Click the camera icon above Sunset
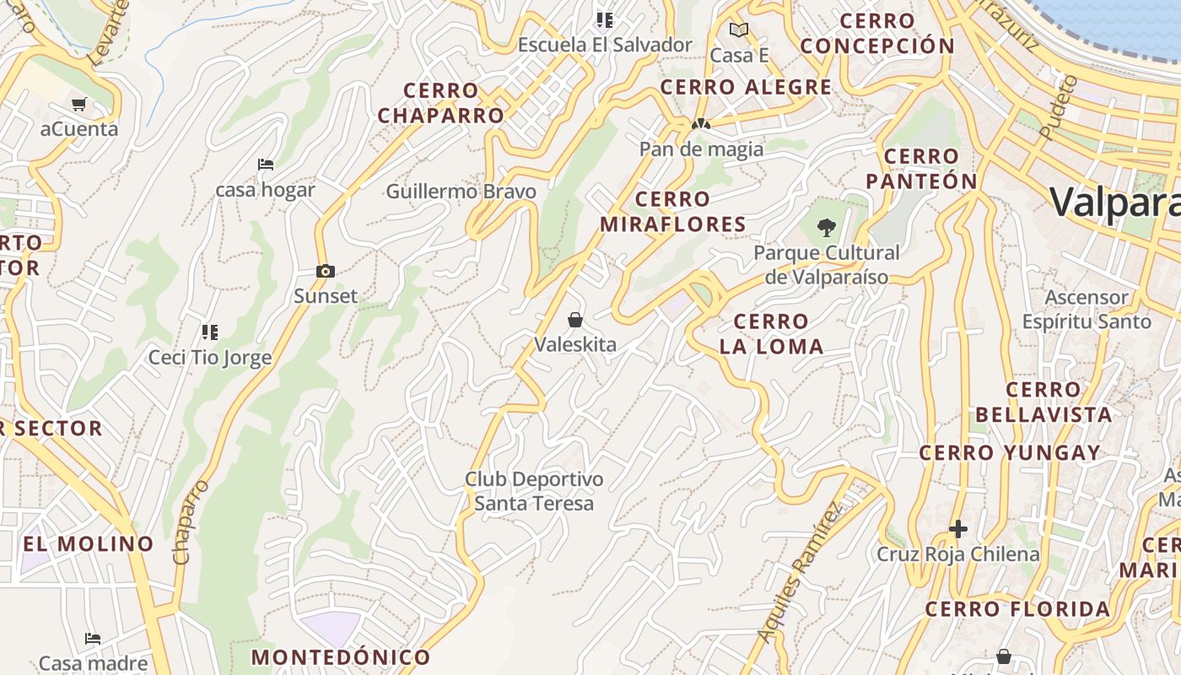pyautogui.click(x=325, y=271)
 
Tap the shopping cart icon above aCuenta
pyautogui.click(x=79, y=105)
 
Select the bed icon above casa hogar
pyautogui.click(x=266, y=164)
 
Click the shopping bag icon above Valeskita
pyautogui.click(x=575, y=320)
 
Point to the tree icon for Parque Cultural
pyautogui.click(x=827, y=226)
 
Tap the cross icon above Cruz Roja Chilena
pyautogui.click(x=958, y=529)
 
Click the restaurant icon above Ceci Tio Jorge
pyautogui.click(x=210, y=332)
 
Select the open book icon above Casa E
pyautogui.click(x=739, y=30)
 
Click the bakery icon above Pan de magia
pyautogui.click(x=700, y=124)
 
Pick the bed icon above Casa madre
pyautogui.click(x=93, y=639)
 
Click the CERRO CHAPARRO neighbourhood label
pyautogui.click(x=440, y=103)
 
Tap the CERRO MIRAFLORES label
pyautogui.click(x=673, y=212)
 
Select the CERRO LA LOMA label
pyautogui.click(x=771, y=333)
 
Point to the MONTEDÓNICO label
pyautogui.click(x=341, y=656)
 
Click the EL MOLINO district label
pyautogui.click(x=89, y=543)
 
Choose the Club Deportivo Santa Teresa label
pyautogui.click(x=534, y=491)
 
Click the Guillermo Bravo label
pyautogui.click(x=461, y=192)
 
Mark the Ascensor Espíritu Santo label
pyautogui.click(x=1087, y=309)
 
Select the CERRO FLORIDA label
pyautogui.click(x=1017, y=609)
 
